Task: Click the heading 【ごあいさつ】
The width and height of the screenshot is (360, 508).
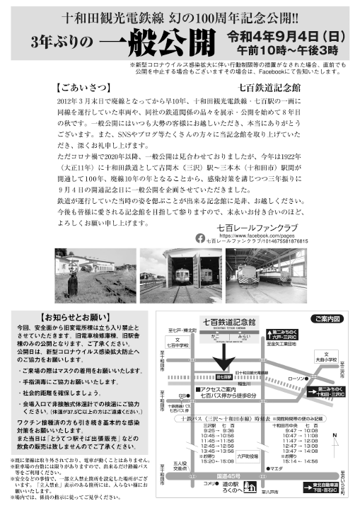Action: click(x=77, y=89)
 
